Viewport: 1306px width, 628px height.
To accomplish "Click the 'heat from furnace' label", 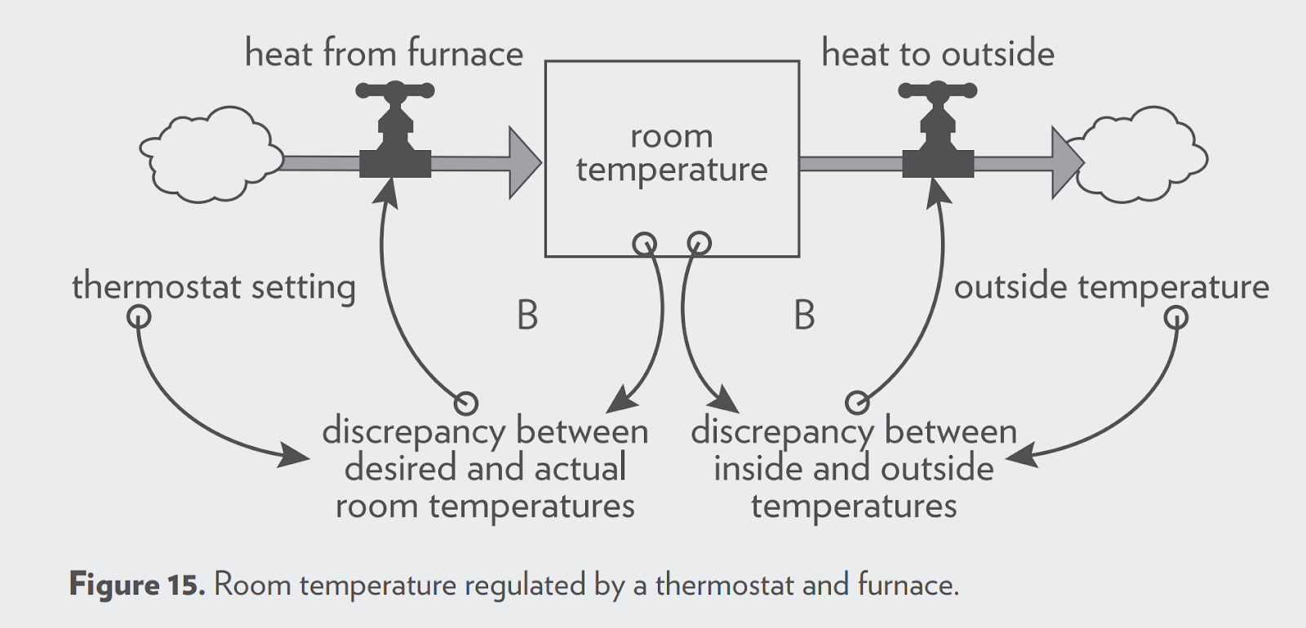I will pos(384,54).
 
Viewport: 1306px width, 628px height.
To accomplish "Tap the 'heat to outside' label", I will pos(938,54).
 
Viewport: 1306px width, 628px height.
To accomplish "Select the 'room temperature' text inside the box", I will pos(672,153).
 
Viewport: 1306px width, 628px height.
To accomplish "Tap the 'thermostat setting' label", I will pos(214,287).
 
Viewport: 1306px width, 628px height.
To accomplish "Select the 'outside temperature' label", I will pos(1111,287).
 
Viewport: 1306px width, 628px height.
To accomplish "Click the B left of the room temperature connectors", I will pos(527,316).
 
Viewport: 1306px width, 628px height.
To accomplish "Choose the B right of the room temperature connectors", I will pos(804,316).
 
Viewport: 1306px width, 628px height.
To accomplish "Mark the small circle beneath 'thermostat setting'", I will pos(140,316).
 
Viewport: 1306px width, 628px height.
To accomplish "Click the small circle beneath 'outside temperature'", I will pos(1176,316).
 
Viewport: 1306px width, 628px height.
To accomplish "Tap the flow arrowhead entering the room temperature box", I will pos(525,163).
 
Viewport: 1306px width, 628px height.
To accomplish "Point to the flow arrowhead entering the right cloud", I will pos(1066,163).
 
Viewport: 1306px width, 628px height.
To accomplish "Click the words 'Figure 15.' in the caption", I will pos(136,585).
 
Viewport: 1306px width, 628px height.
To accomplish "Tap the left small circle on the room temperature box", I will pos(644,243).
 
